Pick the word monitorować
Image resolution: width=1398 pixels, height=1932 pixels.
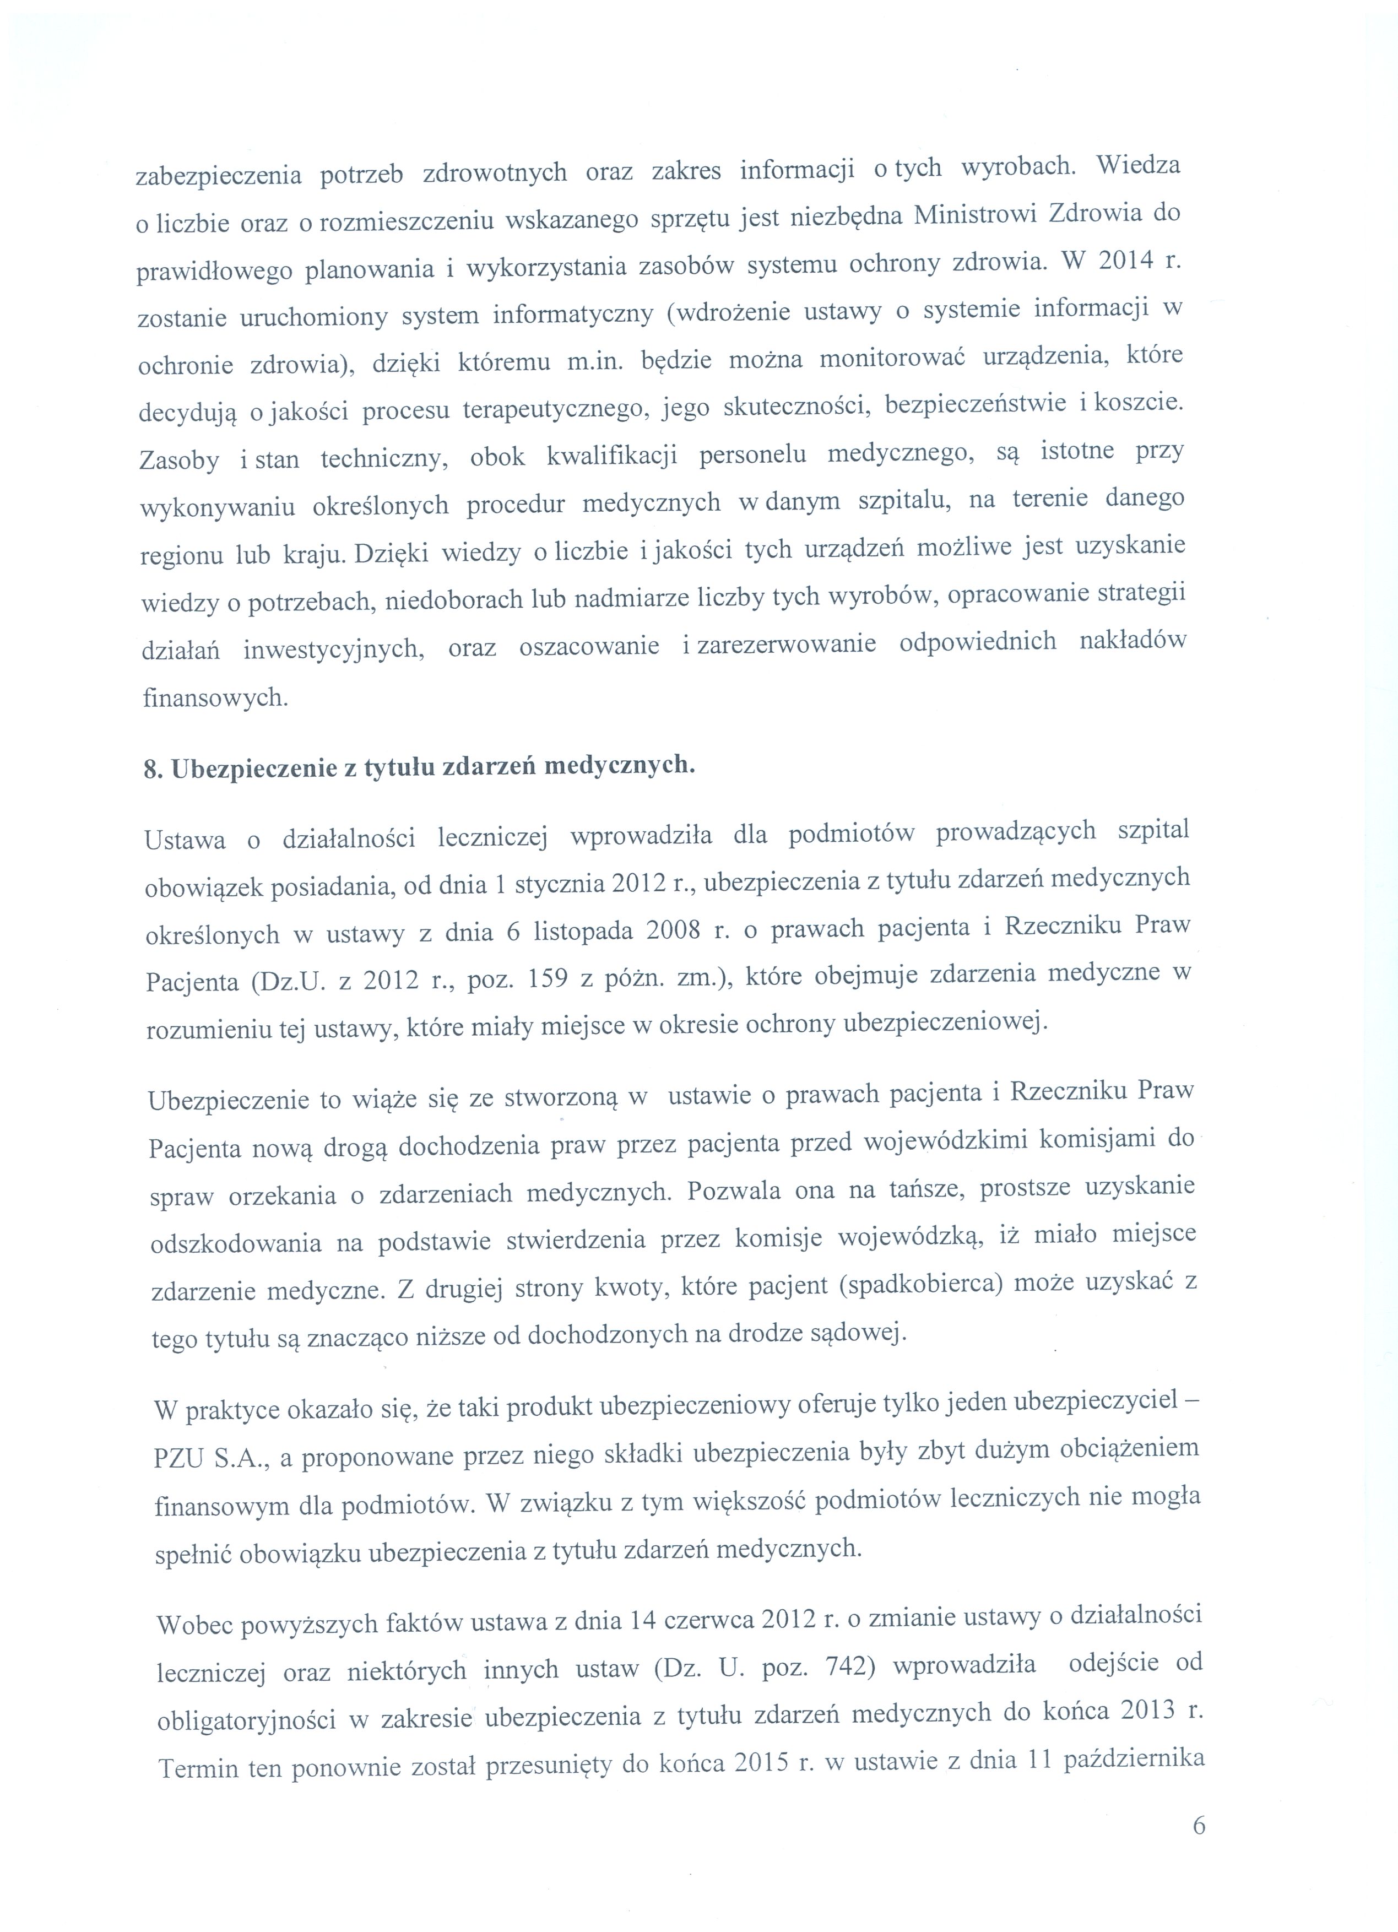pyautogui.click(x=890, y=360)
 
